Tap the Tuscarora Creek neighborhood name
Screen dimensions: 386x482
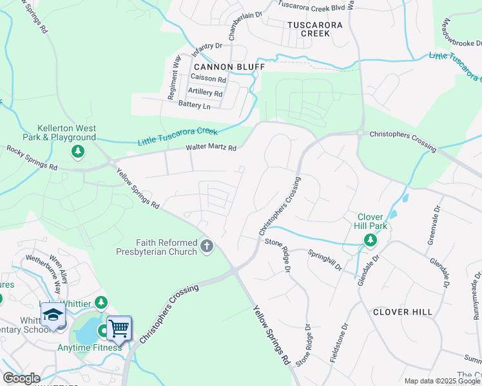coord(307,28)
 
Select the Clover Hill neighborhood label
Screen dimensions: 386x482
coord(402,312)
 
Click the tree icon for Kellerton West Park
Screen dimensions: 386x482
coord(77,152)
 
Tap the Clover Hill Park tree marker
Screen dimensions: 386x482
coord(370,241)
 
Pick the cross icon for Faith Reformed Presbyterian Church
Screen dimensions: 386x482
coord(207,246)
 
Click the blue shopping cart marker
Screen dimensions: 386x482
coord(119,328)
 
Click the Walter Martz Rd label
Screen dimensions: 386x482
coord(211,148)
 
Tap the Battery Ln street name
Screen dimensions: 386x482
coord(194,106)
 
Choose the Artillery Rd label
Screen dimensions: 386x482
coord(205,93)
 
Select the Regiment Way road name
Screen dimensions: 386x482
coord(172,77)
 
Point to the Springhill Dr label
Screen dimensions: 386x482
coord(325,261)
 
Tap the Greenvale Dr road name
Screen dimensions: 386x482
coord(433,225)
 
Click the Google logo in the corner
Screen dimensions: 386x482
coord(21,378)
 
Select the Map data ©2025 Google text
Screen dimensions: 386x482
coord(441,381)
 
